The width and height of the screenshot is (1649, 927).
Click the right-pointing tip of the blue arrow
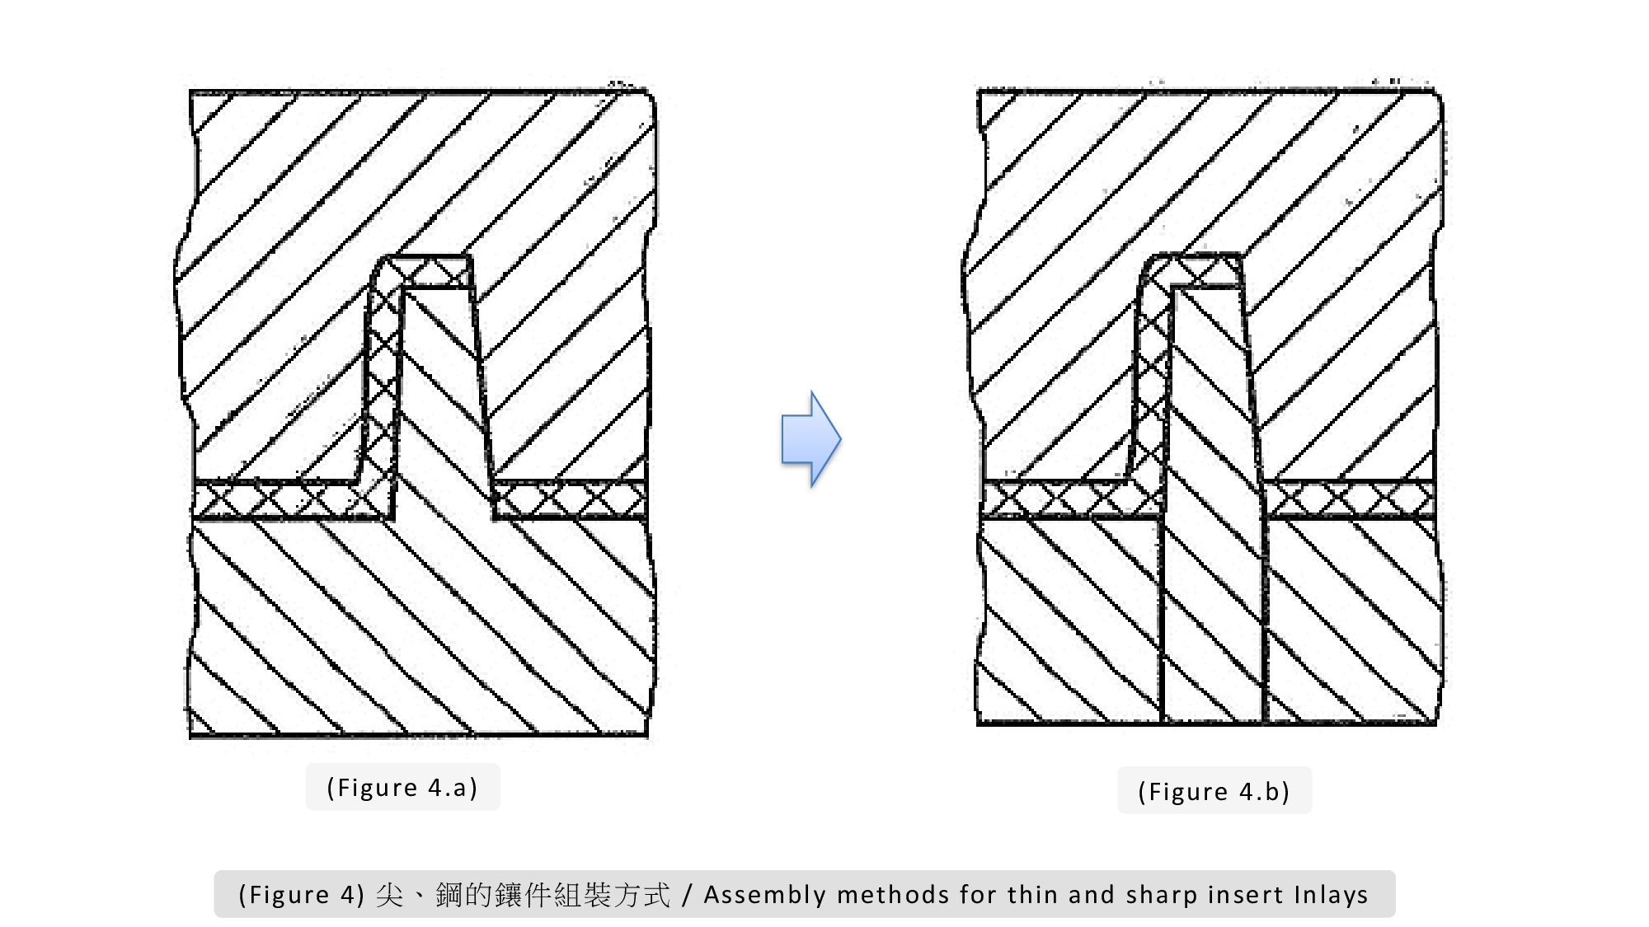tap(841, 439)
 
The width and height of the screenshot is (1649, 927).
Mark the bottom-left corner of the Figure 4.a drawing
tap(190, 736)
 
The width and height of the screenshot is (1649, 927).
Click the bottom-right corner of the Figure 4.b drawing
tap(1436, 724)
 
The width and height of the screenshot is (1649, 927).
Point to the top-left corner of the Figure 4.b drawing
tap(979, 91)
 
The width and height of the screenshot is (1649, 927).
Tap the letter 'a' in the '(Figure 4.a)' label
tap(459, 789)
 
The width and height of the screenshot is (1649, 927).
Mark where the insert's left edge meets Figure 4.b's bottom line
tap(1162, 723)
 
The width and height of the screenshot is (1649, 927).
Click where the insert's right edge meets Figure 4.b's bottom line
tap(1265, 723)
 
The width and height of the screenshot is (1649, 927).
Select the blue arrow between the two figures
tap(811, 439)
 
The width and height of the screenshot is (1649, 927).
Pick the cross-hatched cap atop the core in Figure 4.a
tap(429, 272)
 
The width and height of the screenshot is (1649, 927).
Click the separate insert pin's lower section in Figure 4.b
tap(1213, 618)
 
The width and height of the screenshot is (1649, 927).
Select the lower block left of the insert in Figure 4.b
tap(1070, 620)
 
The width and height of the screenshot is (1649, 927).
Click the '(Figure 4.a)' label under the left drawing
tap(402, 788)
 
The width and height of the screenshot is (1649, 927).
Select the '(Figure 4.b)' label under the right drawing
tap(1214, 792)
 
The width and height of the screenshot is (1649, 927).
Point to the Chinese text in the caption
tap(523, 895)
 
